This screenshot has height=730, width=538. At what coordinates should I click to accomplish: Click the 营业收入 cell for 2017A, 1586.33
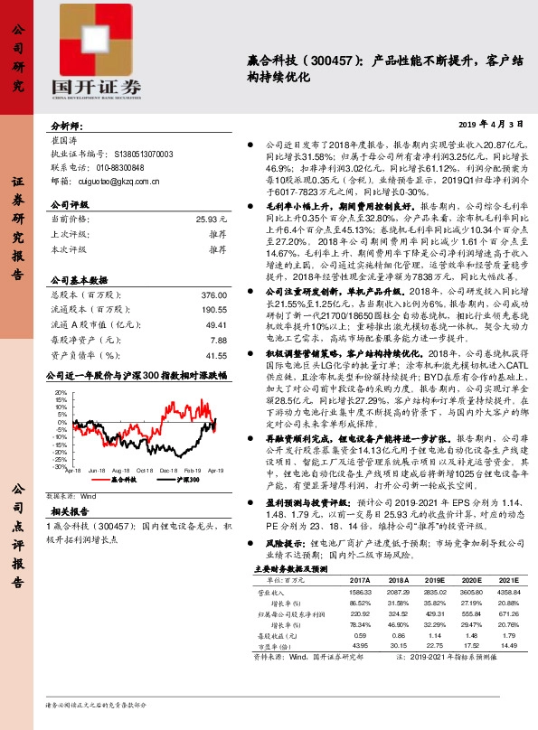pos(359,593)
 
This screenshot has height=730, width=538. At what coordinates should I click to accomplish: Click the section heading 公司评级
pos(71,204)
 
